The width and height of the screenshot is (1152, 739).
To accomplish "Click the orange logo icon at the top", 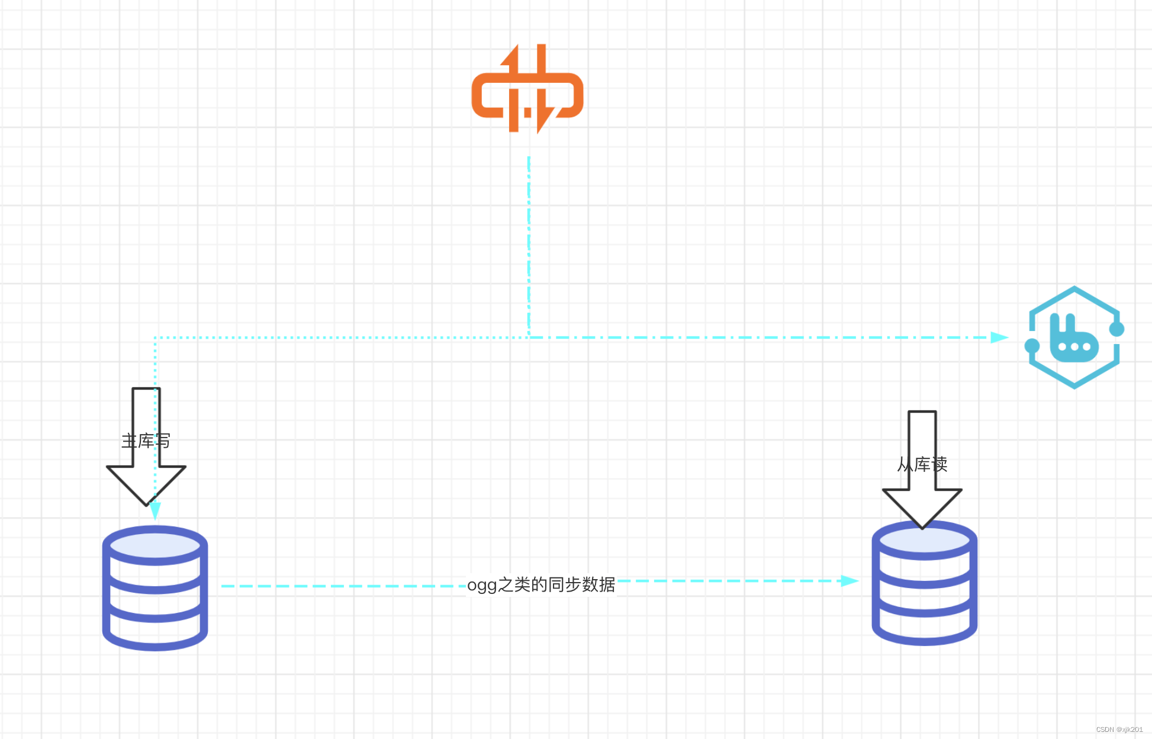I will coord(527,89).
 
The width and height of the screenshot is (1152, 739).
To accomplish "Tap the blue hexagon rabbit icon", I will coord(1074,338).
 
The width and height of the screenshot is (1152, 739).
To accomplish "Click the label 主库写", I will coord(146,441).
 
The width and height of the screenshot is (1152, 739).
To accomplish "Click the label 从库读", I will coord(922,464).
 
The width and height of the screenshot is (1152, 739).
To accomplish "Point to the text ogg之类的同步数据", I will coord(541,585).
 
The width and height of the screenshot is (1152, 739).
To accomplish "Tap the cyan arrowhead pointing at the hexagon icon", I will coord(999,338).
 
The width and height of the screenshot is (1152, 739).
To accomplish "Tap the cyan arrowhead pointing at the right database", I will coord(849,581).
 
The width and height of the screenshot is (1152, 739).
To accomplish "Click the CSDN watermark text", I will coord(1119,730).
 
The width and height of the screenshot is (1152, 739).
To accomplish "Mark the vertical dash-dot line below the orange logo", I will coord(529,243).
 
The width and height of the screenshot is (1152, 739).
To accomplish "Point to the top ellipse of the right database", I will coord(924,540).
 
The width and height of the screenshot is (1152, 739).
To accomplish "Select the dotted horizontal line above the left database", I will coord(337,338).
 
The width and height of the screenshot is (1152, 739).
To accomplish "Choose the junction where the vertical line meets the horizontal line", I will coord(529,338).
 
